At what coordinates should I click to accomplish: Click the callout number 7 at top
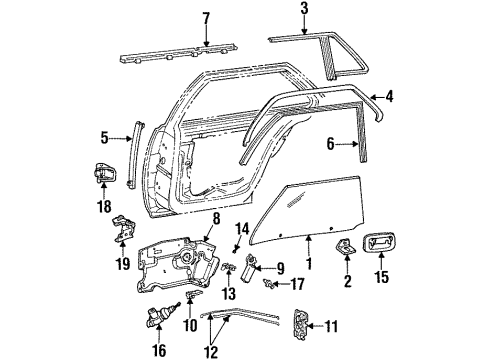tap(206, 19)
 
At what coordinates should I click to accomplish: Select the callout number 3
tap(303, 10)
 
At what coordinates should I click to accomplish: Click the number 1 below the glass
tap(308, 267)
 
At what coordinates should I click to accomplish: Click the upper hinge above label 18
tap(105, 172)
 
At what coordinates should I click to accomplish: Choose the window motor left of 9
tap(249, 268)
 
